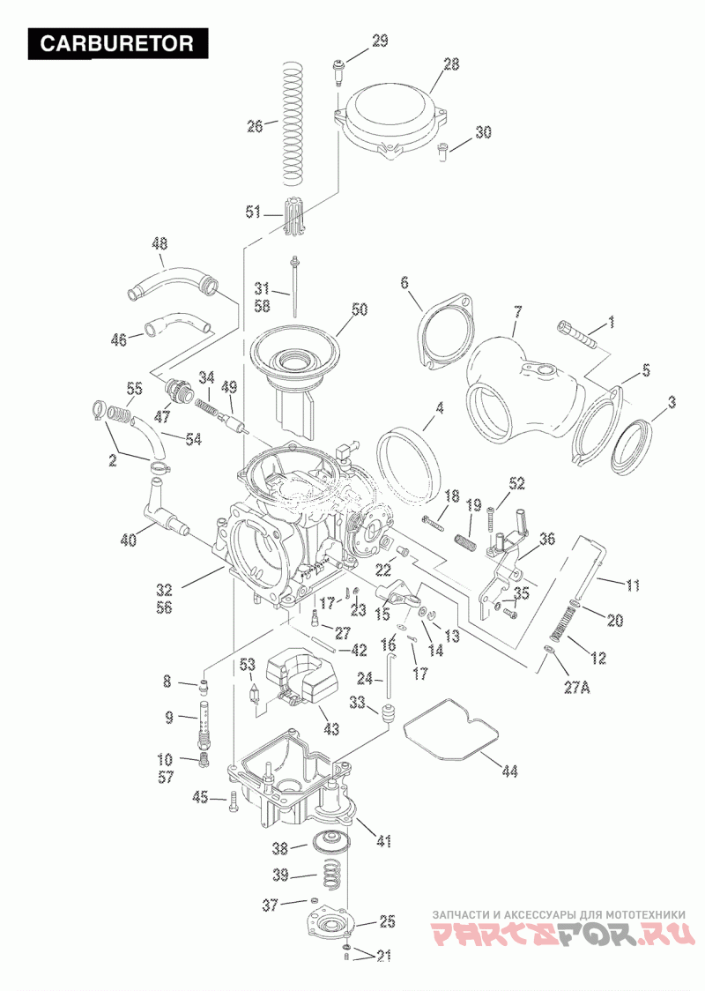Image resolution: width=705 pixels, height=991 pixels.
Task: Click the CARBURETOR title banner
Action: click(x=117, y=43)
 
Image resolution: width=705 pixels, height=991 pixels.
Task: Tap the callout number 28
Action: click(x=451, y=64)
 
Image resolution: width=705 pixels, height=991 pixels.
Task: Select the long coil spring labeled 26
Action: click(x=293, y=123)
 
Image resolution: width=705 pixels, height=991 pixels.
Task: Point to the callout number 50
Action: click(x=360, y=309)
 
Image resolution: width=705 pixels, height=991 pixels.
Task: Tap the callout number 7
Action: click(x=518, y=311)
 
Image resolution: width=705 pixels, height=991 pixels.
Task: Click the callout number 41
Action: click(x=383, y=841)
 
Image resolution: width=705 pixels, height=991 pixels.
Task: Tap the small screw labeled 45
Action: click(x=232, y=802)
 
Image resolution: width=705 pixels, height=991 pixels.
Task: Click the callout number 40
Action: click(x=129, y=540)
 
